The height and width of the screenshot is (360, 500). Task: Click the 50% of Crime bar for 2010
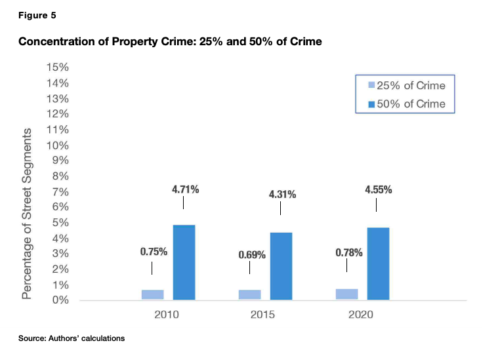pos(184,262)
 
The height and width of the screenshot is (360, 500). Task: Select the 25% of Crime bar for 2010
pos(152,294)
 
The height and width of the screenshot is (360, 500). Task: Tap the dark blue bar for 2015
pos(281,266)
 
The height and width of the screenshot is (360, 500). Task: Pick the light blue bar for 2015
pos(249,294)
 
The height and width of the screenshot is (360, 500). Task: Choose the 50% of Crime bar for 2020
pos(378,264)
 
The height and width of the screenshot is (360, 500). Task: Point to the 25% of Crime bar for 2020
pos(346,294)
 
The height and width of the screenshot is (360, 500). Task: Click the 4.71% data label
pos(185,190)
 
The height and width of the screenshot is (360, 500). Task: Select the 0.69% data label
pos(251,254)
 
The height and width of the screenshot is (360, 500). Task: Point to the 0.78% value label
pos(348,251)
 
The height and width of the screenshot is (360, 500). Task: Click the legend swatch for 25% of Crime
pos(371,86)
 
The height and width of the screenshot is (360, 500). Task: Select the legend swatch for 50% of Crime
pos(371,104)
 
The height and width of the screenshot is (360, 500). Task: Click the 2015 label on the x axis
pos(263,315)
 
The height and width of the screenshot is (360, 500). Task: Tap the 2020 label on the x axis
pos(360,315)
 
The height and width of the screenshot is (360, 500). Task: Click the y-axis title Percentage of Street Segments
pos(27,214)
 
